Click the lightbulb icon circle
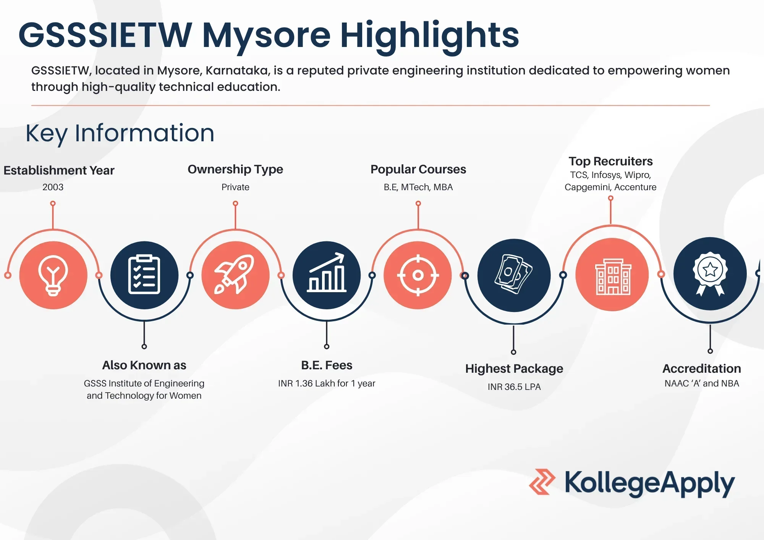(53, 275)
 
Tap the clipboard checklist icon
(144, 275)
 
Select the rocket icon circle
(235, 275)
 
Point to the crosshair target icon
(418, 275)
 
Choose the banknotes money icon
(514, 274)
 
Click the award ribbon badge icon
(710, 273)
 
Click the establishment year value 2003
(53, 187)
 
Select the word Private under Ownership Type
(235, 187)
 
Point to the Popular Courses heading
(418, 169)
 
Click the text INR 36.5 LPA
(514, 387)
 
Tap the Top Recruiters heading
(610, 161)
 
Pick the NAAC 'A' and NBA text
(702, 383)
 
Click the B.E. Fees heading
(327, 365)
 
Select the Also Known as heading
(144, 365)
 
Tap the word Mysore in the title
(266, 36)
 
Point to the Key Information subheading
(120, 133)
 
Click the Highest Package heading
(514, 369)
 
